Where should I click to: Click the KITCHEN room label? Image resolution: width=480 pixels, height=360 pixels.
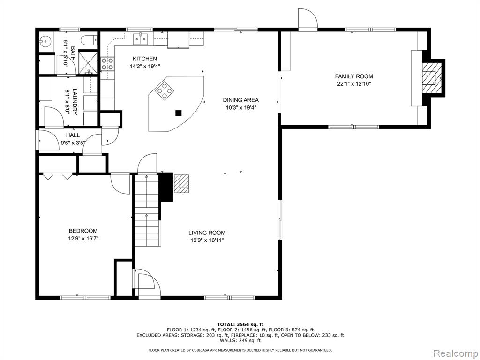tap(145, 59)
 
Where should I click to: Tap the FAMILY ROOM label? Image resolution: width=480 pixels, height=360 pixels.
tap(354, 76)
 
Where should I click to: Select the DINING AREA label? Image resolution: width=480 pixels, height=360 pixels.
tap(240, 100)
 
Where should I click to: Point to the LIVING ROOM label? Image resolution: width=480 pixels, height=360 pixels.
tap(207, 233)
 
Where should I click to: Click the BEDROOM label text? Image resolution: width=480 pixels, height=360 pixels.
tap(83, 231)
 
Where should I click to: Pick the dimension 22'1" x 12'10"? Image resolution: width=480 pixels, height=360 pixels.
tap(354, 84)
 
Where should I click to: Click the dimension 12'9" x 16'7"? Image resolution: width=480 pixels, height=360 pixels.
tap(83, 239)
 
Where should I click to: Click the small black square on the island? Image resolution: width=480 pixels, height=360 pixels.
tap(179, 113)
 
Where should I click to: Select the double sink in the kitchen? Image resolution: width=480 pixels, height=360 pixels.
tap(140, 38)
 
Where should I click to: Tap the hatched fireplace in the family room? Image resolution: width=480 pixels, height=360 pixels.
tap(431, 77)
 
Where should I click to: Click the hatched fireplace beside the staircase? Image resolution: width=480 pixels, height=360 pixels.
tap(182, 183)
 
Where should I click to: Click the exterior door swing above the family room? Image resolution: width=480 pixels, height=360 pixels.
tap(308, 19)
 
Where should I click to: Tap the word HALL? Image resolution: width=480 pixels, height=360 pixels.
tap(73, 135)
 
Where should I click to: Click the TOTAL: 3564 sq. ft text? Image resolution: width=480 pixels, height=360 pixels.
tap(240, 324)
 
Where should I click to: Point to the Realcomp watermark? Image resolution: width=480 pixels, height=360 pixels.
tap(455, 353)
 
